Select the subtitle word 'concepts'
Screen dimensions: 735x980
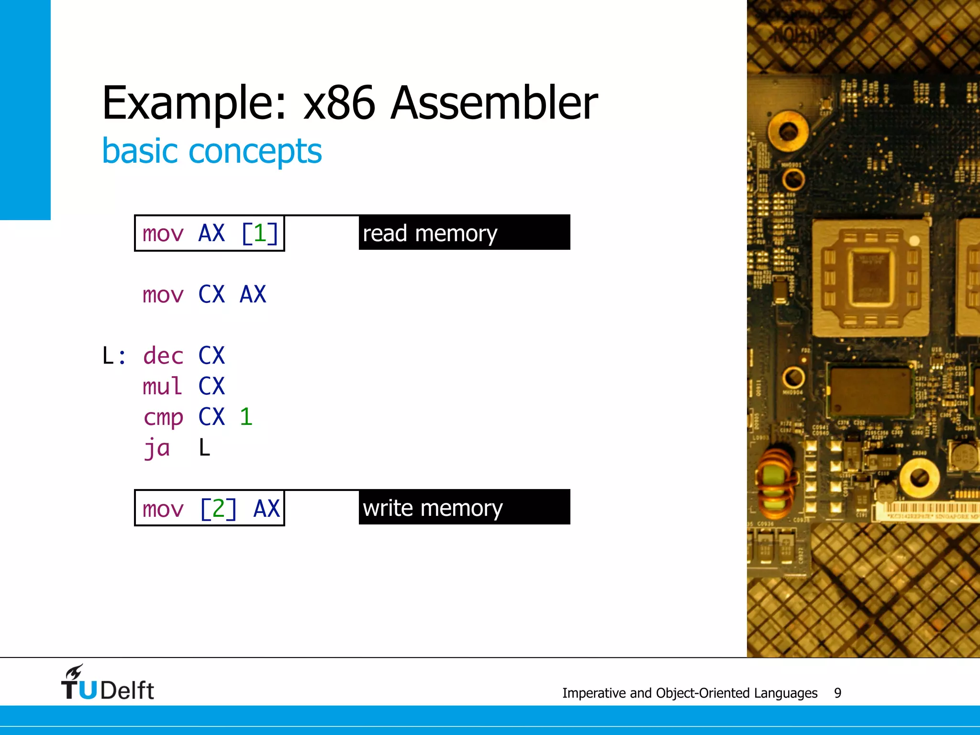tap(255, 151)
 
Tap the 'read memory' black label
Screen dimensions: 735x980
tap(464, 233)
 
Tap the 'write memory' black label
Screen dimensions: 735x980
tap(464, 507)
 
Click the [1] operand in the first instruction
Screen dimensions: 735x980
tap(259, 234)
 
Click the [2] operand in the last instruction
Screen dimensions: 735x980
tap(218, 508)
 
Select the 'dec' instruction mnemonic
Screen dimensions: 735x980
tap(163, 356)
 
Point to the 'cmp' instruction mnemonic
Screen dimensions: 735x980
tap(163, 417)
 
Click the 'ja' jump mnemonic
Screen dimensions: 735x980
tap(156, 448)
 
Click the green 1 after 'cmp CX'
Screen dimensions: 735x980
tap(245, 417)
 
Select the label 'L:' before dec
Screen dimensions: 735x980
tap(114, 356)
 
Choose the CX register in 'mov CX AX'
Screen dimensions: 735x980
tap(211, 294)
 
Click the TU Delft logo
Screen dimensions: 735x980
tap(107, 683)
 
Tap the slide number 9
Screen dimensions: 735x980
tap(837, 693)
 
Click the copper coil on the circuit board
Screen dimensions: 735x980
tap(776, 483)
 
